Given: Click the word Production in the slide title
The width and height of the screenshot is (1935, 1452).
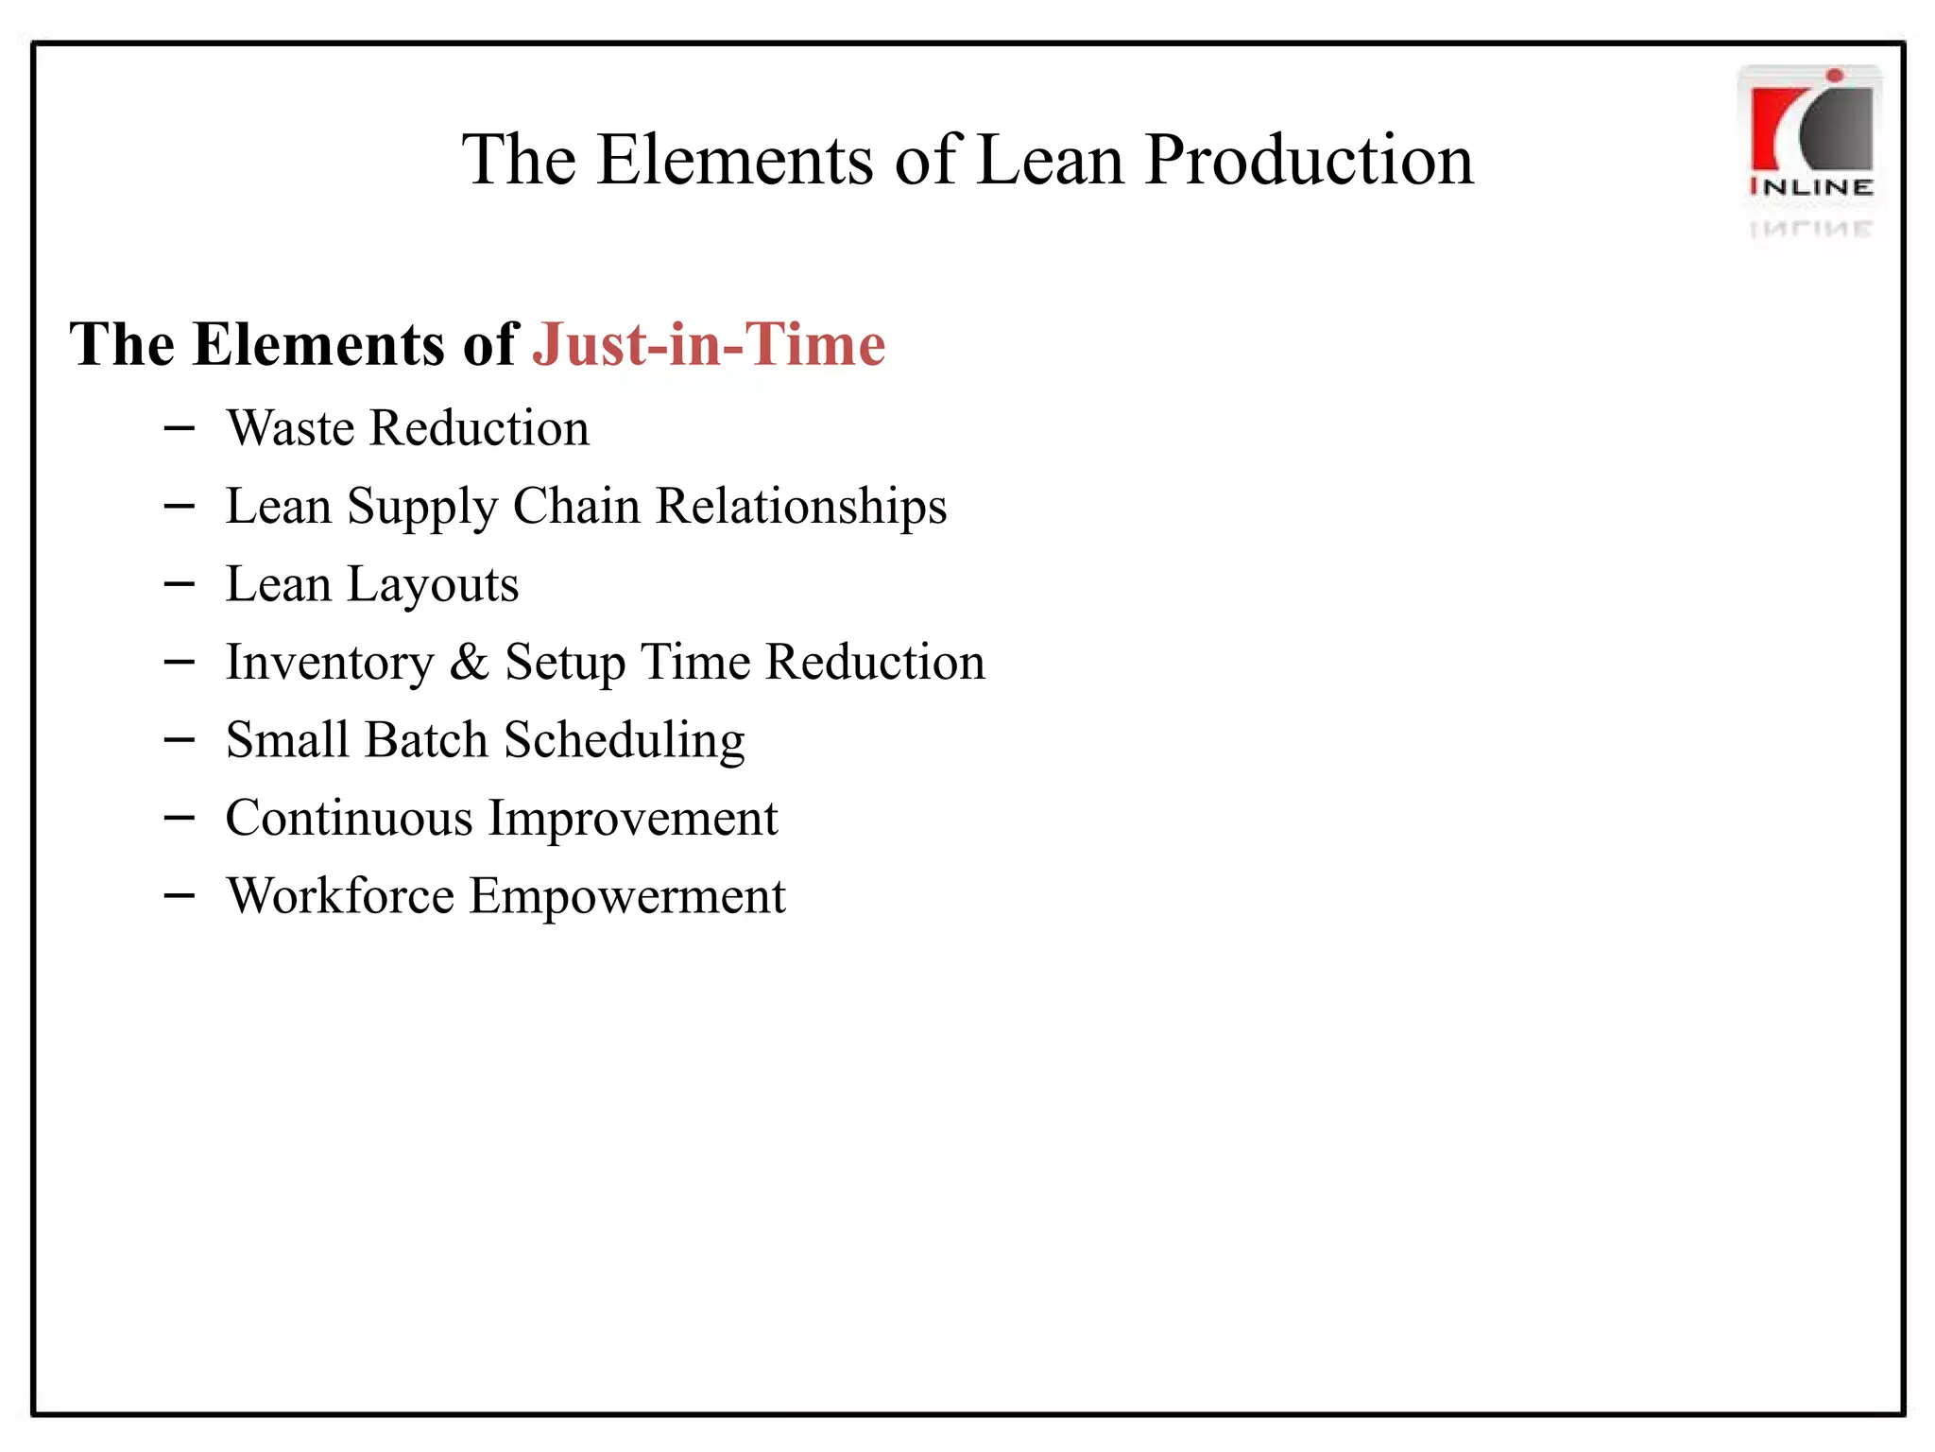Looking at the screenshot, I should pyautogui.click(x=1309, y=160).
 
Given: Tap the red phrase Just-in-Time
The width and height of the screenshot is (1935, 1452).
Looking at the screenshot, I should pyautogui.click(x=709, y=344).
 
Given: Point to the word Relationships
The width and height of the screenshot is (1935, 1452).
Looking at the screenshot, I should pyautogui.click(x=801, y=506).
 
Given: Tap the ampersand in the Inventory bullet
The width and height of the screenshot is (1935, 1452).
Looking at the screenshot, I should pyautogui.click(x=469, y=662).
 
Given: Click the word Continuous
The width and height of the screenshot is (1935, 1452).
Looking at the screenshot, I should pyautogui.click(x=349, y=818).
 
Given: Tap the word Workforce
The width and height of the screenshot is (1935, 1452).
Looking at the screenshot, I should pyautogui.click(x=340, y=895).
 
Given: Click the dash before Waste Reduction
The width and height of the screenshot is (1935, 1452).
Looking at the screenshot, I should pyautogui.click(x=179, y=429).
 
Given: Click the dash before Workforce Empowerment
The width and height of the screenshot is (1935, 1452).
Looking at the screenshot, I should pyautogui.click(x=179, y=895).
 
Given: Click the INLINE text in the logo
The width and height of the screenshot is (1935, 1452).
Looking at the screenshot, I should pyautogui.click(x=1811, y=187).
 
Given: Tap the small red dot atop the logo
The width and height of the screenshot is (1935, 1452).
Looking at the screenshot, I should pyautogui.click(x=1834, y=76).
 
